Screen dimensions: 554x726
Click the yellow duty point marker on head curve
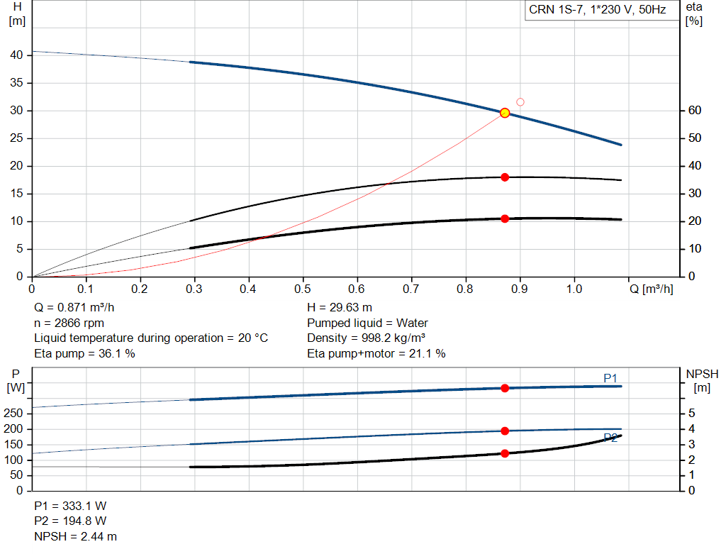tap(505, 113)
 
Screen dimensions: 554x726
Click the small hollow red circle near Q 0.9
tap(520, 102)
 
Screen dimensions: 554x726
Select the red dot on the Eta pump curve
tap(505, 177)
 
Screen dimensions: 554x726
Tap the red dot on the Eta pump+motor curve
tap(505, 218)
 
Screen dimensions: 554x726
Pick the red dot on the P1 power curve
tap(505, 388)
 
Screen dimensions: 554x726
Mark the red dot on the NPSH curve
tap(505, 453)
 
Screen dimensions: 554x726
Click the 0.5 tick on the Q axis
tap(303, 289)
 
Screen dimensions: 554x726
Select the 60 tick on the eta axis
tap(695, 111)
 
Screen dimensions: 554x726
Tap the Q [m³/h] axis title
tap(651, 289)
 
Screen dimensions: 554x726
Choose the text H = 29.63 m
tap(340, 308)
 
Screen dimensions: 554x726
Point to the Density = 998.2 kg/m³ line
tap(367, 338)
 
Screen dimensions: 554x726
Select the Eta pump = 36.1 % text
tap(84, 353)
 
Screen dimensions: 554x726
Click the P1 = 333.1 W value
tap(70, 506)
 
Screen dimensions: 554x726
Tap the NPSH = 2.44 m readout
tap(76, 536)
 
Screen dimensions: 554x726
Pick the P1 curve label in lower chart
tap(610, 378)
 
